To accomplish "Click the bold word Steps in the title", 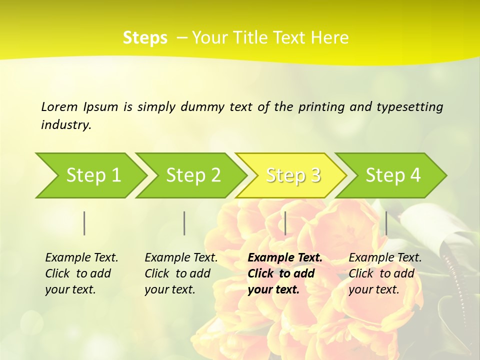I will point(145,38).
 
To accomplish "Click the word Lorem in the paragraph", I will point(59,106).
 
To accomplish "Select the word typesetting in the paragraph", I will point(409,107).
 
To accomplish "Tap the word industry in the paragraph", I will point(65,125).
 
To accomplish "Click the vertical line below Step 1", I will point(84,223).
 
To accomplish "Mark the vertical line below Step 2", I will point(184,223).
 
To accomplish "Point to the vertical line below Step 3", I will point(285,223).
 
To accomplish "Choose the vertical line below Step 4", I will point(386,223).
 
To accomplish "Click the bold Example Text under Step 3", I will point(285,258).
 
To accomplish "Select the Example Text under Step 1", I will point(81,258).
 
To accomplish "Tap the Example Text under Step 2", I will point(181,258).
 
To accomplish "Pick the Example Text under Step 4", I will point(385,258).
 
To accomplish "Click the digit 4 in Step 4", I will point(415,175).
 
